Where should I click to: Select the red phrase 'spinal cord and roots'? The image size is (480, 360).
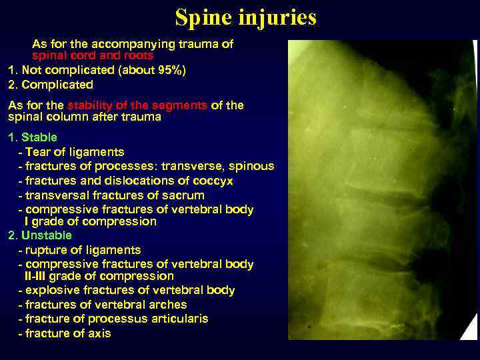click(93, 57)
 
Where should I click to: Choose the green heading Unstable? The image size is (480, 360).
click(46, 235)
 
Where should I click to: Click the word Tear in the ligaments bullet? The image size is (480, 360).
click(37, 152)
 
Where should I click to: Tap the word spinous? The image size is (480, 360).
click(251, 166)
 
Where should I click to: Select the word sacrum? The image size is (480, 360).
click(183, 195)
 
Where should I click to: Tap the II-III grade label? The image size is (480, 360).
click(39, 276)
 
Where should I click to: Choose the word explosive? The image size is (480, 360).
click(50, 290)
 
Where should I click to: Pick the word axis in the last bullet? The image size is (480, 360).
click(98, 333)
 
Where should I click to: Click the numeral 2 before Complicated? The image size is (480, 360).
click(11, 85)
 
